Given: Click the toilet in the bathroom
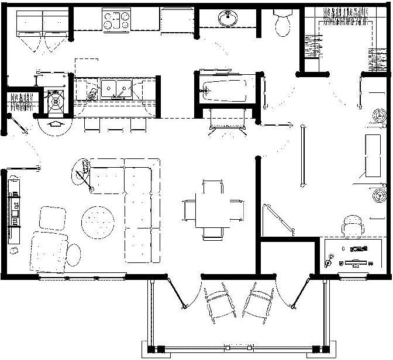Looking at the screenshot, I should (x=285, y=23).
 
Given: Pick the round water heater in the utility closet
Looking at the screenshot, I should (x=56, y=100).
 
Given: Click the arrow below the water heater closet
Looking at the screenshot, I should (x=56, y=123).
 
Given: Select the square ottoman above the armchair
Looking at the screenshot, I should (x=52, y=219).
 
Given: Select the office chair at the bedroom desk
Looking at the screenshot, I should (x=353, y=223).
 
